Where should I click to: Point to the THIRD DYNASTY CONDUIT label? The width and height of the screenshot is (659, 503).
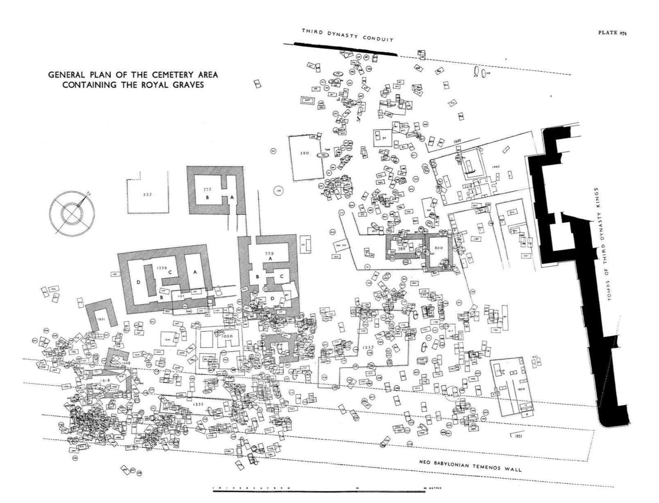347,35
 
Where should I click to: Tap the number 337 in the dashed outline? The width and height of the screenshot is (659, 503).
147,194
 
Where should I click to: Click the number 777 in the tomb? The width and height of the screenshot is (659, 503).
207,189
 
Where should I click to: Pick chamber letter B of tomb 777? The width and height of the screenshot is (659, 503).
208,197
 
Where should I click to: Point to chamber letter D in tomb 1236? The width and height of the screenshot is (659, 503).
138,282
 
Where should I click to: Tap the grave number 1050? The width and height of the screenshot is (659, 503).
227,336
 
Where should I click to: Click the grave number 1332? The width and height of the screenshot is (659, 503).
198,404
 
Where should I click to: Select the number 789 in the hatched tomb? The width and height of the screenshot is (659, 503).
402,248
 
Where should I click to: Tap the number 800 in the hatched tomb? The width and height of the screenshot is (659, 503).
438,247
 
